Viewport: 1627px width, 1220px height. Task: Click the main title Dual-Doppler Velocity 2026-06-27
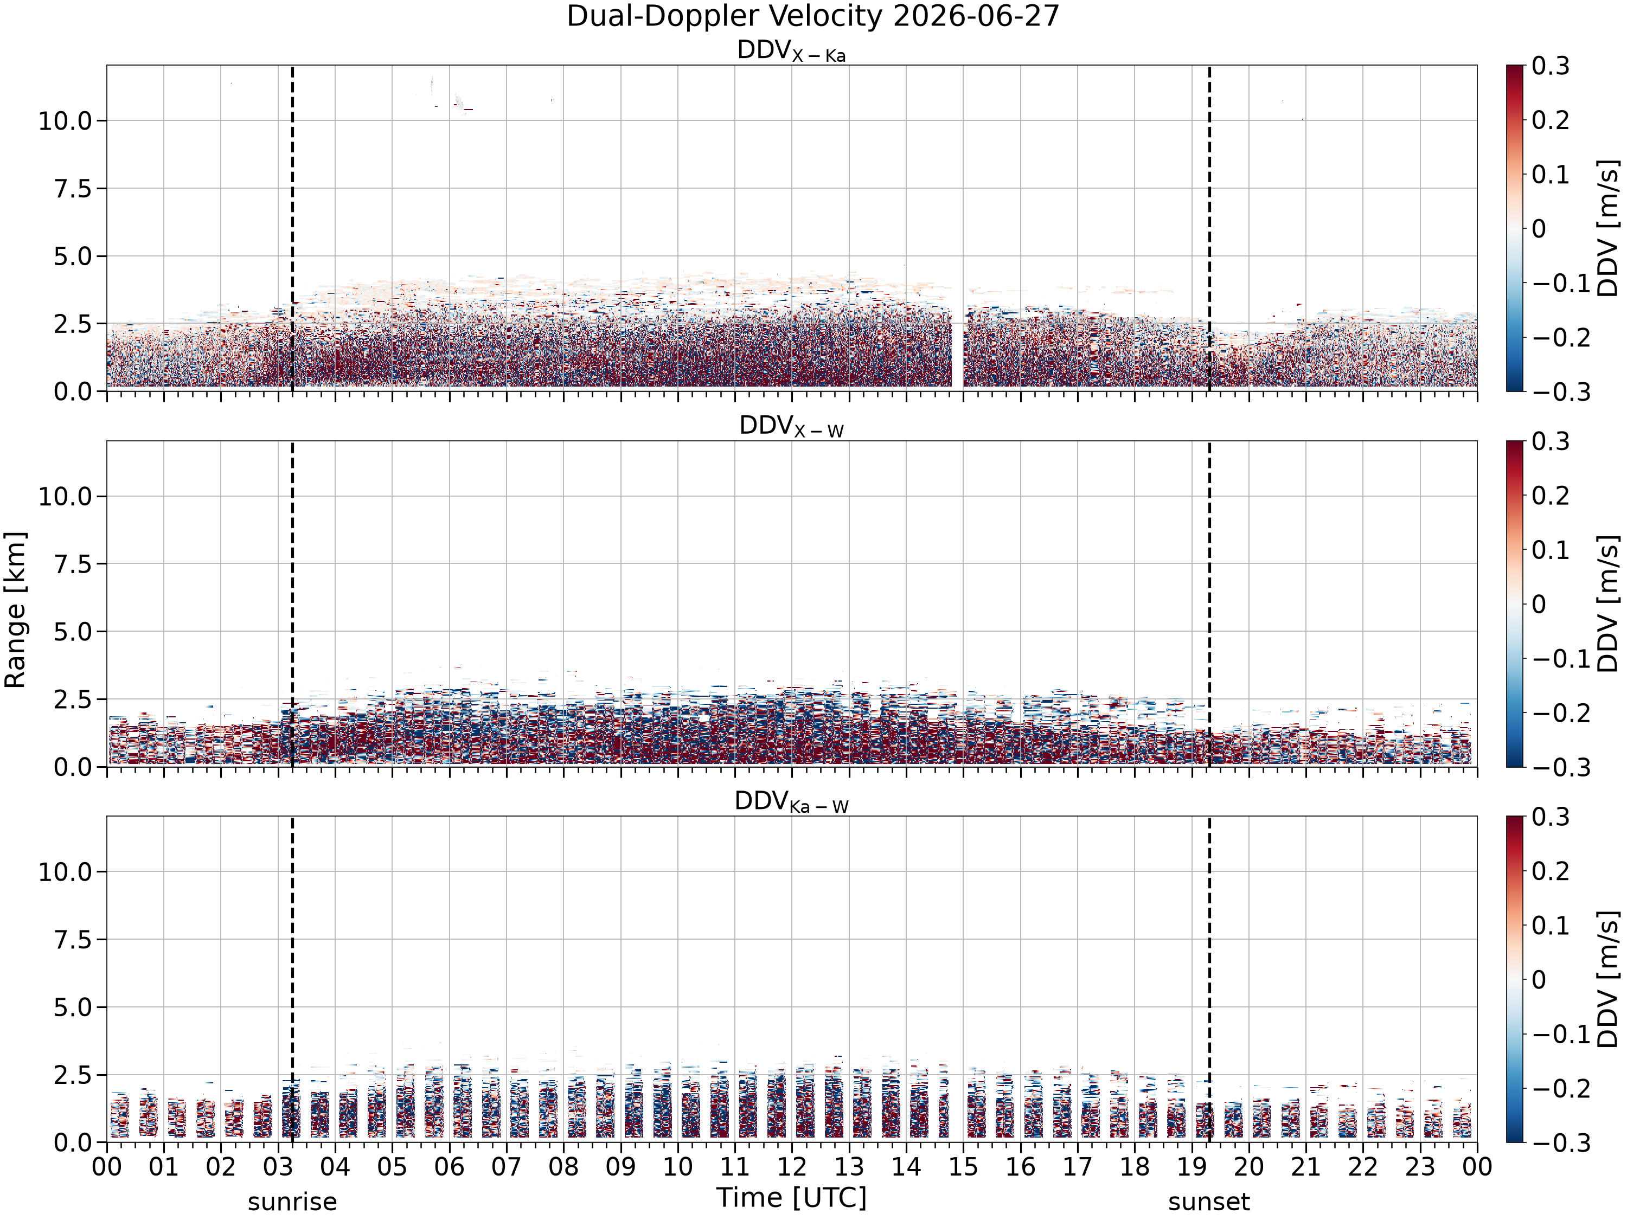(x=813, y=16)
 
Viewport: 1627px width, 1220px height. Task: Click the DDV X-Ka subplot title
(x=791, y=52)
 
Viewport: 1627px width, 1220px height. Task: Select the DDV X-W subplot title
(x=791, y=427)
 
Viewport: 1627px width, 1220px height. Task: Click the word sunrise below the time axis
(x=292, y=1202)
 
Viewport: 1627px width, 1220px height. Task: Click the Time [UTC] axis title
(x=791, y=1198)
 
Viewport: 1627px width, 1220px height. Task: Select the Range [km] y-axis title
(x=15, y=609)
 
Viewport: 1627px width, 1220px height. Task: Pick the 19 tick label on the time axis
(x=1192, y=1167)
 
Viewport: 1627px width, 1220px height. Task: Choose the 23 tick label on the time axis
(x=1420, y=1167)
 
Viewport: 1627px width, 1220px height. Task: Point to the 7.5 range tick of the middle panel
(x=74, y=564)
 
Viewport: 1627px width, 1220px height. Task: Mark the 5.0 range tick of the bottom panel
(x=74, y=1007)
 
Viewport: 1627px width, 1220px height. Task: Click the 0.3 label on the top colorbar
(x=1551, y=66)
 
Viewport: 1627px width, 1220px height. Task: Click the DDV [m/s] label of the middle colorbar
(x=1609, y=603)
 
